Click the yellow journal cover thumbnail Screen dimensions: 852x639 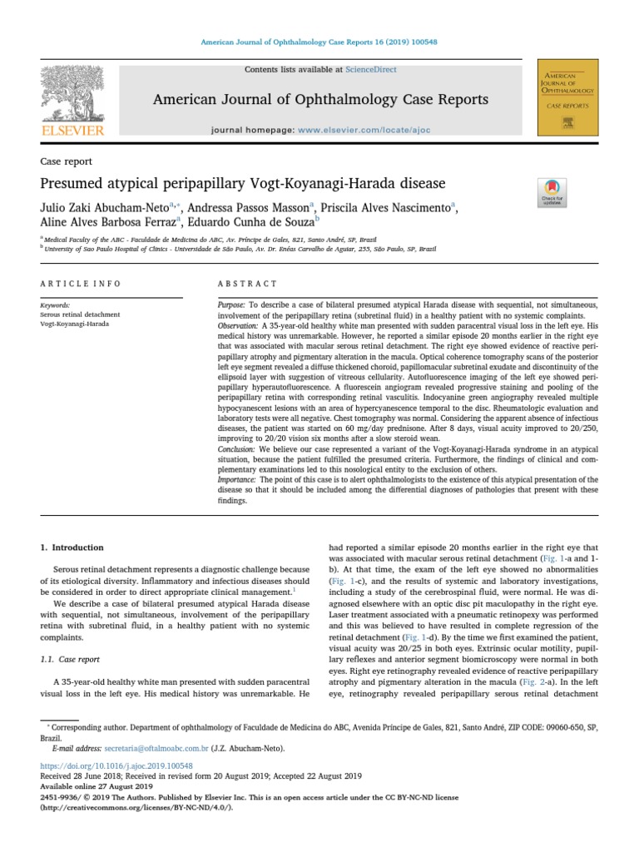click(568, 97)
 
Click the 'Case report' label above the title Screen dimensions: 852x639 click(66, 161)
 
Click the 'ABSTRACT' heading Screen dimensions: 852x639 click(247, 284)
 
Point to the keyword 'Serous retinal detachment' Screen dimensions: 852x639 click(80, 315)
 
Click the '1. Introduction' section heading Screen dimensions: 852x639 click(72, 547)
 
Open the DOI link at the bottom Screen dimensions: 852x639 click(116, 765)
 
